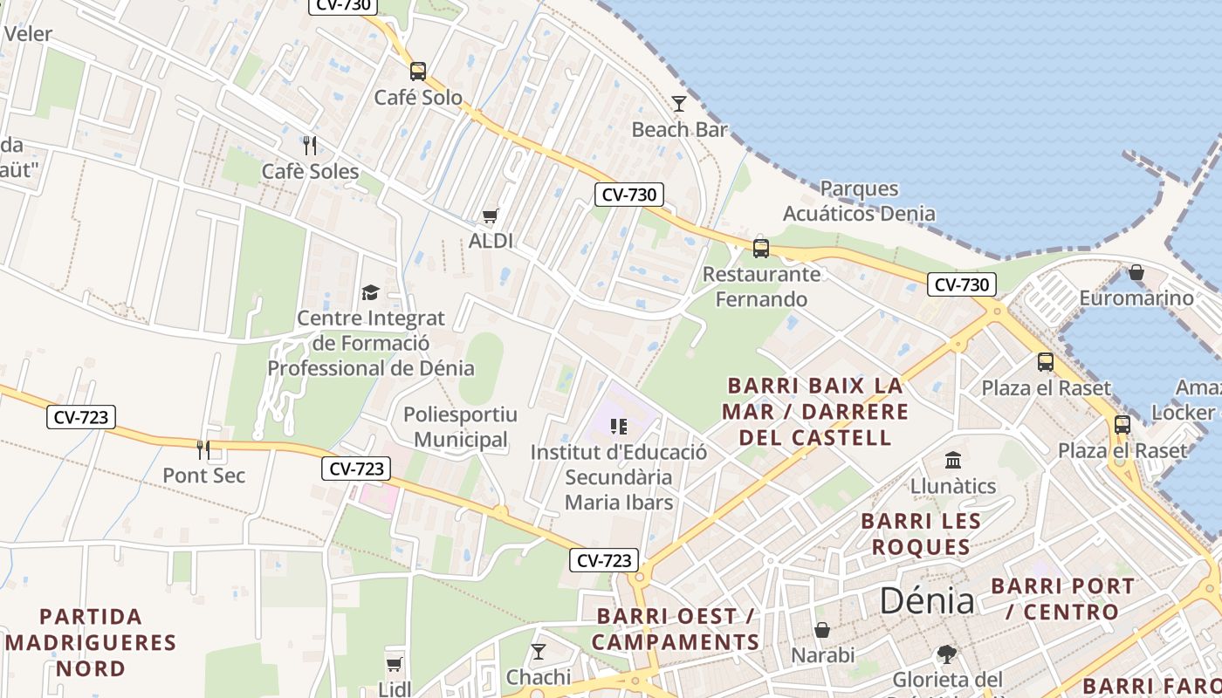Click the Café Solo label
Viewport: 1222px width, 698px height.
418,98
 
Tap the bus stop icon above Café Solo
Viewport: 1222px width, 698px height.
418,72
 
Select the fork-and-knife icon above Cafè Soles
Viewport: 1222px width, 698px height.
309,145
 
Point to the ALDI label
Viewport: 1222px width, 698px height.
491,241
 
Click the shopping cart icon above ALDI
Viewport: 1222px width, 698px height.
490,216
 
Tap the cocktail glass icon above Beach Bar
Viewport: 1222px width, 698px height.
679,105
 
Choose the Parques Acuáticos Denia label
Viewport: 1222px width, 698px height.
858,201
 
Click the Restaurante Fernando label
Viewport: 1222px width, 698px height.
762,287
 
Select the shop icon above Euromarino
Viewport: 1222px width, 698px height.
1136,273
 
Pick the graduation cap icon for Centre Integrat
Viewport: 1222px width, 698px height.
371,292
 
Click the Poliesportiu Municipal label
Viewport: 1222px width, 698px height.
460,427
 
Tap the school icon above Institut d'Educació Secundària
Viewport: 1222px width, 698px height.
619,427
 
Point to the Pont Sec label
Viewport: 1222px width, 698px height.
204,476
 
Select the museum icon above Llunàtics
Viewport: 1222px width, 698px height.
952,460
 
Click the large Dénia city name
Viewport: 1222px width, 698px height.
927,601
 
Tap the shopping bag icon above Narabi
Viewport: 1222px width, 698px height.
822,630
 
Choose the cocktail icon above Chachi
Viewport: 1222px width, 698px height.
539,652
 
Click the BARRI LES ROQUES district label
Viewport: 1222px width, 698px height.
921,534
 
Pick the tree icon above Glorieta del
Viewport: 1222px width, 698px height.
946,654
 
